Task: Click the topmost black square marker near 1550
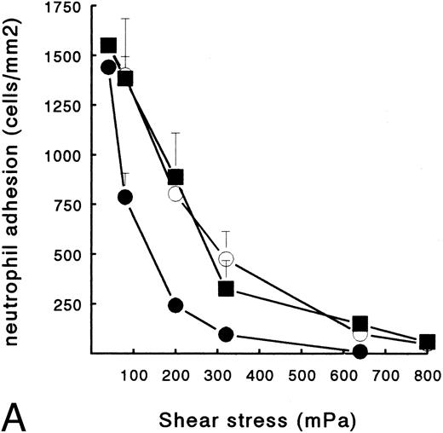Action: [x=108, y=45]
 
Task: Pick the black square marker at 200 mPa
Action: [x=175, y=177]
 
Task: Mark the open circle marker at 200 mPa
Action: [x=176, y=193]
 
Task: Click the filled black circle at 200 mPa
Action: [x=176, y=305]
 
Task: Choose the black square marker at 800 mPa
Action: [x=428, y=342]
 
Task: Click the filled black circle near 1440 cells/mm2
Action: [x=108, y=67]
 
